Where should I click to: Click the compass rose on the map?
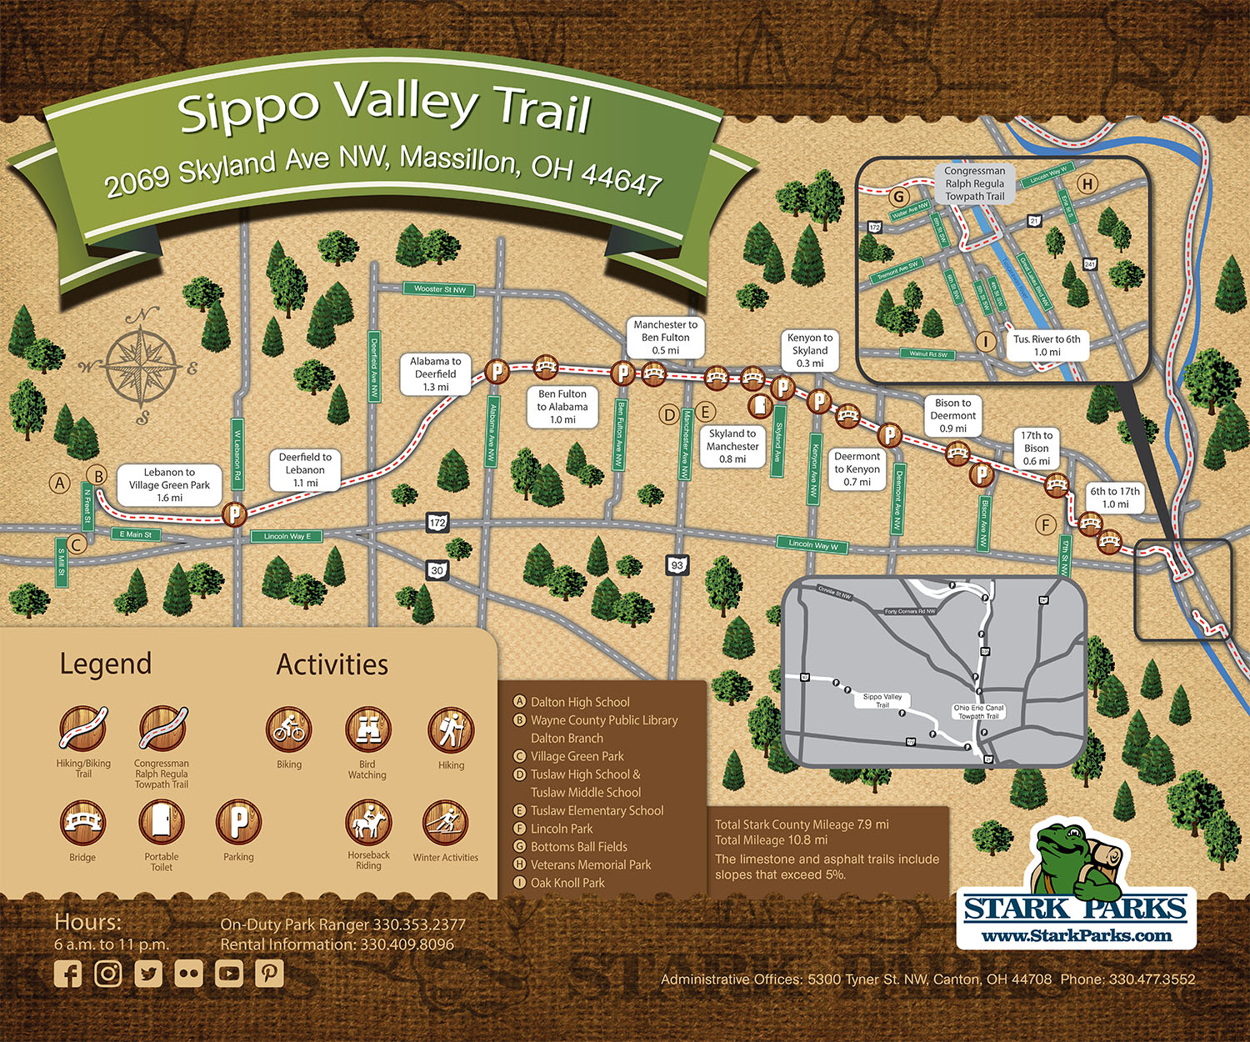[x=142, y=365]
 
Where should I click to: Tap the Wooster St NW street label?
[x=440, y=289]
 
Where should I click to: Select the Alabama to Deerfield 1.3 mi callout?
[x=435, y=374]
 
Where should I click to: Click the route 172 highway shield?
[x=437, y=523]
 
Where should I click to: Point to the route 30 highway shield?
[x=437, y=570]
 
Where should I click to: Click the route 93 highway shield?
[x=677, y=565]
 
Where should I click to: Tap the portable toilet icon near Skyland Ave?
[x=759, y=406]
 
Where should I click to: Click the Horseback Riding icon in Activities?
[x=368, y=823]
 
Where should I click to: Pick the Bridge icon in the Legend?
[x=82, y=822]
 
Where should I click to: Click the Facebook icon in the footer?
[x=67, y=974]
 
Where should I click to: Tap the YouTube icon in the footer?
[x=228, y=973]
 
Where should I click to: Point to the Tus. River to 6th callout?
[x=1047, y=345]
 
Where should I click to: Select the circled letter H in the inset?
[x=1087, y=184]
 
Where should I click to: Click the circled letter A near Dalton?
[x=59, y=483]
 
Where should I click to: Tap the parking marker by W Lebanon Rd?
[x=235, y=513]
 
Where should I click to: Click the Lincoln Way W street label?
[x=812, y=544]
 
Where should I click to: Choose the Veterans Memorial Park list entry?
[x=590, y=864]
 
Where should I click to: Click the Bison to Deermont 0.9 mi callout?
[x=952, y=415]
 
